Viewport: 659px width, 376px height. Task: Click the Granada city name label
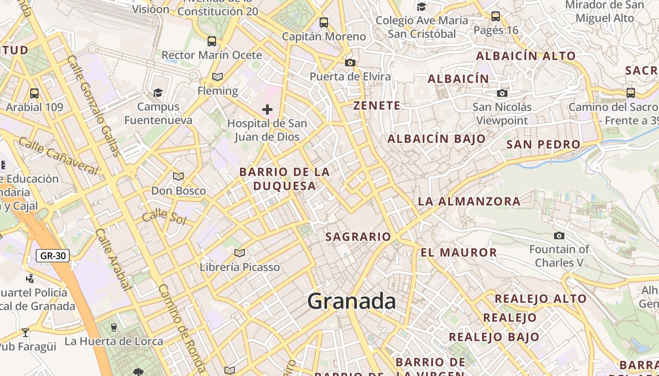pyautogui.click(x=351, y=301)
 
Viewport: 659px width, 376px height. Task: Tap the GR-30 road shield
pyautogui.click(x=53, y=256)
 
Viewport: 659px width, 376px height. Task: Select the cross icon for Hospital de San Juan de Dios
pyautogui.click(x=267, y=110)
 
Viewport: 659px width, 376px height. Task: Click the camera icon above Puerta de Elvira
pyautogui.click(x=350, y=63)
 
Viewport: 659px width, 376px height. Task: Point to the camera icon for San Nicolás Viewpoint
pyautogui.click(x=502, y=93)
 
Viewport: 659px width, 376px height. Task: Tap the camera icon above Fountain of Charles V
pyautogui.click(x=559, y=235)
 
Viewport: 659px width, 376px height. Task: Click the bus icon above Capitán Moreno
pyautogui.click(x=324, y=22)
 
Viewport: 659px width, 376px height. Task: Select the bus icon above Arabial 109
pyautogui.click(x=34, y=93)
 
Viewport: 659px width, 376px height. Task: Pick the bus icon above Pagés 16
pyautogui.click(x=496, y=16)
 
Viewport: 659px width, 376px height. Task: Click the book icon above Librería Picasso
pyautogui.click(x=240, y=253)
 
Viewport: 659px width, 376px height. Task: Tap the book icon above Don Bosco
pyautogui.click(x=178, y=177)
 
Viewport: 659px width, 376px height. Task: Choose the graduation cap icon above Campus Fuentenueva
pyautogui.click(x=158, y=93)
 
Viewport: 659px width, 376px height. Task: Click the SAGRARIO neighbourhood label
pyautogui.click(x=358, y=236)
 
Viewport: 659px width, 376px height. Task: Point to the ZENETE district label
pyautogui.click(x=377, y=106)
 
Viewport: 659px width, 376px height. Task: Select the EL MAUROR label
pyautogui.click(x=458, y=252)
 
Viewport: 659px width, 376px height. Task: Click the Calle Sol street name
pyautogui.click(x=163, y=217)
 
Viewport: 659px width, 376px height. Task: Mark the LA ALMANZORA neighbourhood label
pyautogui.click(x=469, y=202)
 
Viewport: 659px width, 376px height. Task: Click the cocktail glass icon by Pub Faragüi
pyautogui.click(x=25, y=333)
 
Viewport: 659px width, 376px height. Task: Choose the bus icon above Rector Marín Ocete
pyautogui.click(x=212, y=41)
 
